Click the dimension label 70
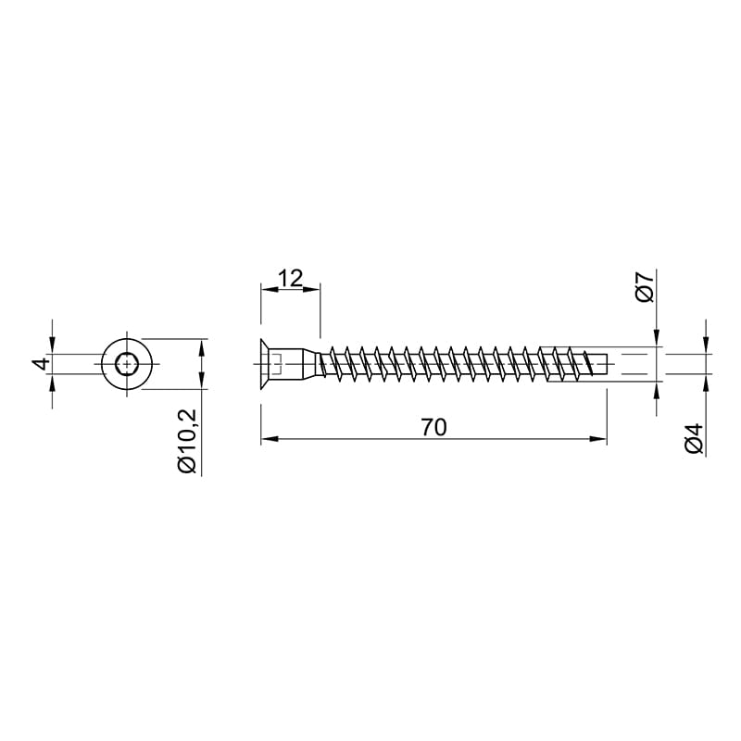(x=433, y=427)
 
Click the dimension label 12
(x=290, y=279)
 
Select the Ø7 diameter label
(x=645, y=286)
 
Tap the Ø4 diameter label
(x=695, y=439)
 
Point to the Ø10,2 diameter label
(x=187, y=441)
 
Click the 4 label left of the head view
(x=41, y=364)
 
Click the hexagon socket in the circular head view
(x=126, y=364)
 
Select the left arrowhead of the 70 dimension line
(x=269, y=439)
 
